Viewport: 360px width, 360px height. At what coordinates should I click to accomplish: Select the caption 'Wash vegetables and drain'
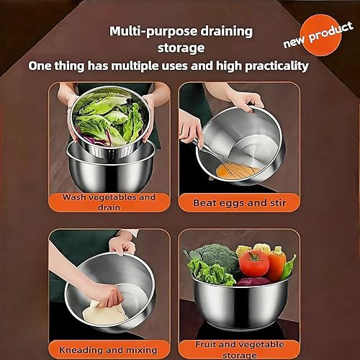coord(109,201)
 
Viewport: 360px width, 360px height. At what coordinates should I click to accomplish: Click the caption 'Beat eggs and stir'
coord(240,203)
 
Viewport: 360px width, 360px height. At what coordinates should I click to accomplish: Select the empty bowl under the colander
coord(108,169)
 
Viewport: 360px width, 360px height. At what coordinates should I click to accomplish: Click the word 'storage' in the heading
coord(180,48)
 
